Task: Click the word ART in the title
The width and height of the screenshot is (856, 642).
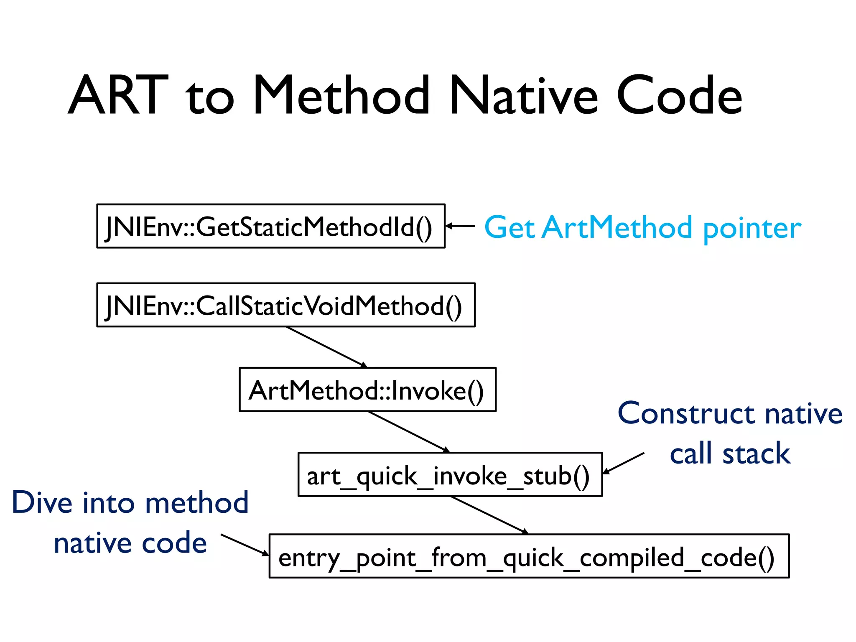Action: pos(118,95)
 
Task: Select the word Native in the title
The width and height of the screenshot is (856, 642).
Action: pos(523,95)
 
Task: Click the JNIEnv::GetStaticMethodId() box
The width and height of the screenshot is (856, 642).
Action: pos(270,226)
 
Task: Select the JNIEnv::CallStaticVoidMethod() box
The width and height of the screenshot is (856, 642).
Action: pos(285,305)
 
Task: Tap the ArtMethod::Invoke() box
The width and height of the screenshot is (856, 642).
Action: pos(367,390)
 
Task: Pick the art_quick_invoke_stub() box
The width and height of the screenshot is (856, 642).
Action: pos(450,474)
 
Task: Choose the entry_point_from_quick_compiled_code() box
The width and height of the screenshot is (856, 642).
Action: pos(529,556)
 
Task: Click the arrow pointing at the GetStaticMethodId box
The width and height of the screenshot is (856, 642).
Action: pos(460,226)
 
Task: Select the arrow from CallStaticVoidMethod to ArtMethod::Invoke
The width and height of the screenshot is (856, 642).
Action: pos(326,347)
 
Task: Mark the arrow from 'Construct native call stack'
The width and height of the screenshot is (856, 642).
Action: pos(624,463)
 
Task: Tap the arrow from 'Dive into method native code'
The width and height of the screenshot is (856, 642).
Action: pos(245,545)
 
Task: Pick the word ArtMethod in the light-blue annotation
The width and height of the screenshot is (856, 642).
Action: pos(617,227)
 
